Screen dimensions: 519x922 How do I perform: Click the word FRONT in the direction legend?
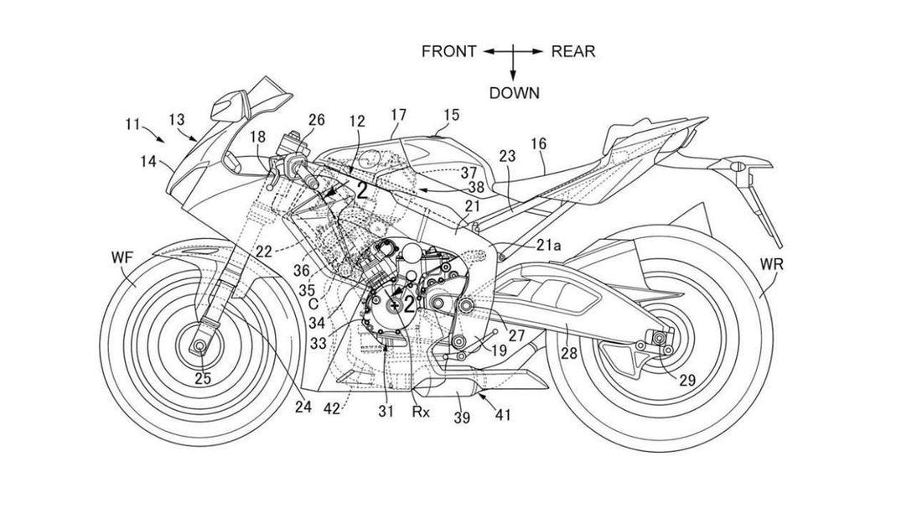[x=449, y=51]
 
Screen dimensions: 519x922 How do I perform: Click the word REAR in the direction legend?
[x=573, y=51]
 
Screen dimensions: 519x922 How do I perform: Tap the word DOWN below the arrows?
[x=514, y=93]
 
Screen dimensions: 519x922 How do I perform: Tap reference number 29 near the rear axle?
[x=686, y=380]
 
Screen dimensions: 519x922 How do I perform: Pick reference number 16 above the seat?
[x=538, y=144]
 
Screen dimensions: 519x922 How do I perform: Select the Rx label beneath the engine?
[x=421, y=411]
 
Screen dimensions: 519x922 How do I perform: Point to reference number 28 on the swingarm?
[x=569, y=353]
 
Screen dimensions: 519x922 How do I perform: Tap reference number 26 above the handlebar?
[x=316, y=120]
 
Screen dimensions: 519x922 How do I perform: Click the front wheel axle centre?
[x=201, y=345]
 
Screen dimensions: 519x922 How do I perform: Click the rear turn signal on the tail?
[x=738, y=168]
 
